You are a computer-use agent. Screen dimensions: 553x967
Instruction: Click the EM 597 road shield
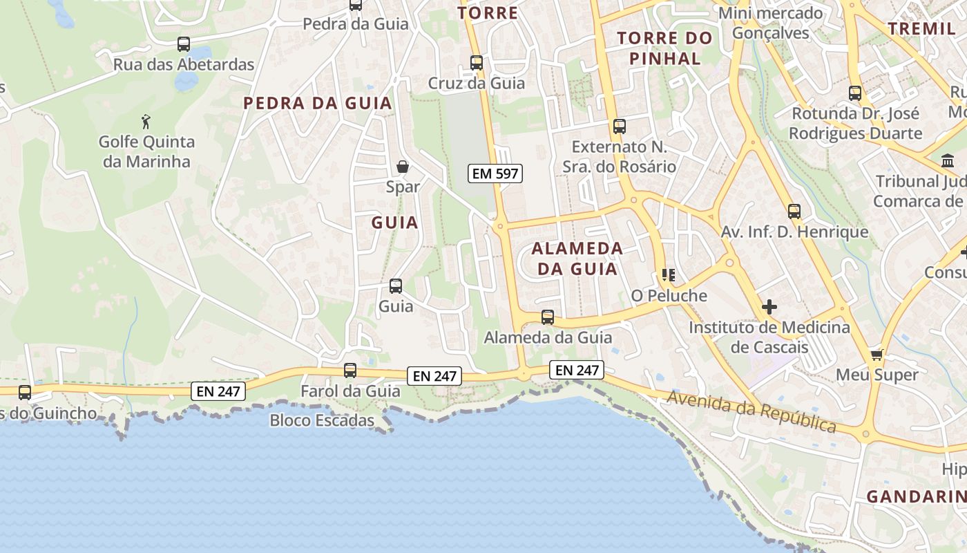pyautogui.click(x=495, y=174)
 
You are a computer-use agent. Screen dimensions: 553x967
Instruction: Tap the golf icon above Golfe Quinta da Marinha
pyautogui.click(x=146, y=122)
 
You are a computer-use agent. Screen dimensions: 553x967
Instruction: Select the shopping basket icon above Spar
pyautogui.click(x=403, y=167)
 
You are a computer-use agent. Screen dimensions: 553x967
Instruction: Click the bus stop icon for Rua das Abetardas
pyautogui.click(x=184, y=44)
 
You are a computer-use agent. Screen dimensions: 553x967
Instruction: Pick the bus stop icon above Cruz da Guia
pyautogui.click(x=477, y=63)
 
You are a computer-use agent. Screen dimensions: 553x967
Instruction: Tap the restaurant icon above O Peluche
pyautogui.click(x=668, y=275)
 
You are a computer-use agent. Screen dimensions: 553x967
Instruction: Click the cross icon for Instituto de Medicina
pyautogui.click(x=769, y=306)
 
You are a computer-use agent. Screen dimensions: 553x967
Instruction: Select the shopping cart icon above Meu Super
pyautogui.click(x=877, y=355)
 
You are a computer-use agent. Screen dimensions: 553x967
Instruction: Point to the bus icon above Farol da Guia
pyautogui.click(x=350, y=371)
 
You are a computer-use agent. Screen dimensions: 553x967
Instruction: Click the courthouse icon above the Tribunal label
pyautogui.click(x=948, y=161)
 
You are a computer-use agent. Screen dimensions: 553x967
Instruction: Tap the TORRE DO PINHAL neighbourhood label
pyautogui.click(x=664, y=48)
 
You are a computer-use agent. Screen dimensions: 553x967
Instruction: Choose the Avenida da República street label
pyautogui.click(x=751, y=411)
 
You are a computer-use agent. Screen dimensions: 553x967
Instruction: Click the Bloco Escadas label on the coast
pyautogui.click(x=322, y=420)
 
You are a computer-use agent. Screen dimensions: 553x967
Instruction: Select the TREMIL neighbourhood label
pyautogui.click(x=921, y=28)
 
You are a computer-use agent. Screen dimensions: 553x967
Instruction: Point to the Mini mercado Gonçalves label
pyautogui.click(x=771, y=23)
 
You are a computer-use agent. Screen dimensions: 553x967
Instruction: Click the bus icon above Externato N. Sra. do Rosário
pyautogui.click(x=620, y=126)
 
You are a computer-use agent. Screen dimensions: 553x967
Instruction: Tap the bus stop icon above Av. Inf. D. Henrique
pyautogui.click(x=794, y=212)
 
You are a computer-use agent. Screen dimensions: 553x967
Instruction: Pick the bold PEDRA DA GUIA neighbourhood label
pyautogui.click(x=318, y=104)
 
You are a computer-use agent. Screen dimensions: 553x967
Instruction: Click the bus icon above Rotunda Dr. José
pyautogui.click(x=855, y=93)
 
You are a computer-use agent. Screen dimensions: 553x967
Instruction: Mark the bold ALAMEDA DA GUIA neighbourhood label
pyautogui.click(x=577, y=259)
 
